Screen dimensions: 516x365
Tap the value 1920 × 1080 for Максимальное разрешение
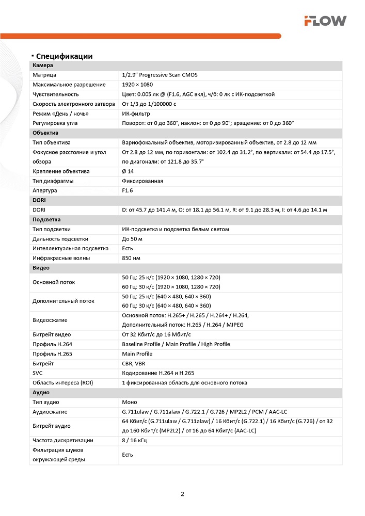[x=137, y=85]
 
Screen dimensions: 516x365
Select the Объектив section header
[x=45, y=133]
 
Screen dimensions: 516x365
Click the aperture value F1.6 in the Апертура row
[x=128, y=190]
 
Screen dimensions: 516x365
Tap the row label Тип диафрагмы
[x=53, y=181]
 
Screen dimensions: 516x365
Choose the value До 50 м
[x=132, y=239]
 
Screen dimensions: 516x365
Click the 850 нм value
[x=131, y=258]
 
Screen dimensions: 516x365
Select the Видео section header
[x=41, y=268]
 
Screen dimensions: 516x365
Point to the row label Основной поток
[x=54, y=282]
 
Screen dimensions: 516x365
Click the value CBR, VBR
[x=133, y=364]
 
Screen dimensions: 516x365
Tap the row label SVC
[x=38, y=373]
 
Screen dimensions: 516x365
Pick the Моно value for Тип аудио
[x=130, y=402]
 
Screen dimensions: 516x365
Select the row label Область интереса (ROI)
[x=62, y=383]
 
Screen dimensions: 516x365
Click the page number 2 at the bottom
[x=182, y=494]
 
